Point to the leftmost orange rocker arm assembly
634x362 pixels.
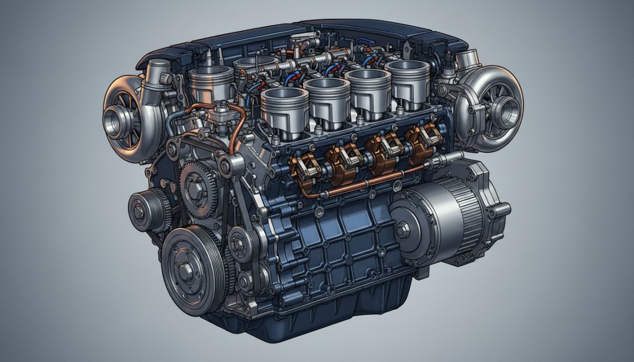tap(302, 167)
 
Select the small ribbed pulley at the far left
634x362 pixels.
tap(141, 211)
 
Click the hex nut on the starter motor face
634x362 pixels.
tap(402, 230)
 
